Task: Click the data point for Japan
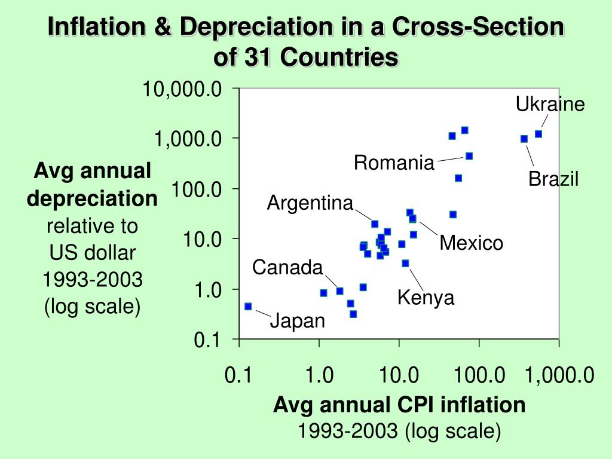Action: coord(248,307)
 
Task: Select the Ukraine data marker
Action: coord(538,134)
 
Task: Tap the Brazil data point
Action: coord(524,139)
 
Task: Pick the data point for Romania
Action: coord(469,156)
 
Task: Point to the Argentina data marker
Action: coord(375,224)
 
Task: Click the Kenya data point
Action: coord(406,264)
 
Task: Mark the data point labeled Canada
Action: coord(339,291)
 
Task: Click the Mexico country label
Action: coord(471,243)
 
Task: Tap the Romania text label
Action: coord(394,163)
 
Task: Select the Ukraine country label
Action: coord(550,104)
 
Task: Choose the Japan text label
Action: coord(298,321)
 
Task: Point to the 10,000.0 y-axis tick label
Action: coord(182,89)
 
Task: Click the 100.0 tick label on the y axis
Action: coord(197,189)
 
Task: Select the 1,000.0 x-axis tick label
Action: coord(559,375)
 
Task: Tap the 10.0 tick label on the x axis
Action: coord(399,375)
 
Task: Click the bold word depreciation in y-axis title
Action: coord(92,199)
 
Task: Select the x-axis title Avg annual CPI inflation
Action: coord(399,405)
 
